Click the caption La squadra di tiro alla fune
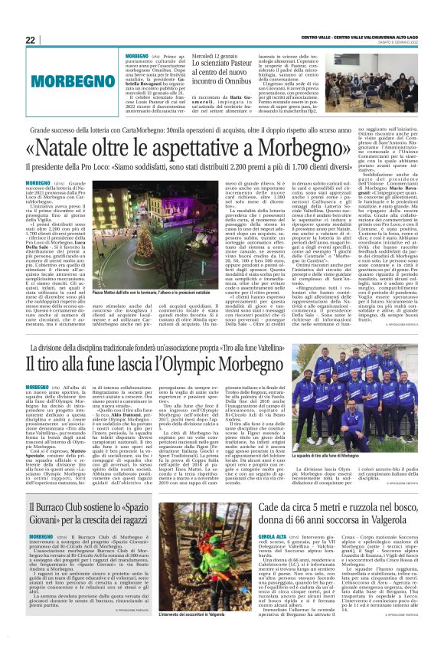coord(364,477)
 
